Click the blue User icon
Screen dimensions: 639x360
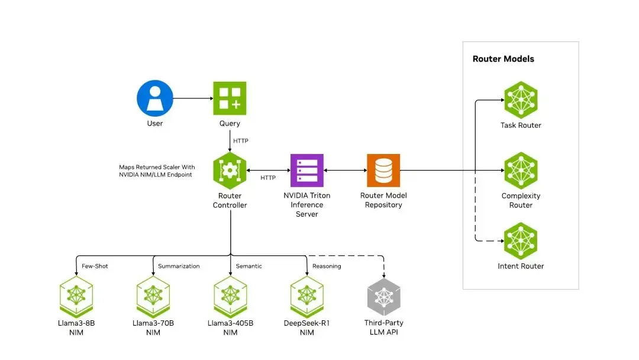(155, 98)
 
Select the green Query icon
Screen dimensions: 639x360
(230, 98)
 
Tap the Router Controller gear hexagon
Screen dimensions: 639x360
(230, 171)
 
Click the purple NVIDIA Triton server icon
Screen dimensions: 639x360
(307, 171)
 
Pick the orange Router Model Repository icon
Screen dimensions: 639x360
(383, 171)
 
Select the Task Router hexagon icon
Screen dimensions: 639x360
(521, 100)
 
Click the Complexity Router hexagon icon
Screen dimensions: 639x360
(521, 171)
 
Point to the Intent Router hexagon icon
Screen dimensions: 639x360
(521, 241)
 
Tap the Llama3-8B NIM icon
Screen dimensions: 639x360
(76, 297)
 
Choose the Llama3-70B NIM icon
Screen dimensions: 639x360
(153, 297)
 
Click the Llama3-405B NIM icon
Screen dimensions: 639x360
(230, 297)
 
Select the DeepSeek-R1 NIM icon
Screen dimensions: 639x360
(307, 297)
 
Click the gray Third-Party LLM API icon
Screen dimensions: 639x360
(384, 297)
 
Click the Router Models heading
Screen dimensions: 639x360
(504, 59)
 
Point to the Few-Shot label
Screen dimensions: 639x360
(95, 266)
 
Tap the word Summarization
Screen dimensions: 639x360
(179, 266)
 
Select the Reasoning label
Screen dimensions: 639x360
(327, 266)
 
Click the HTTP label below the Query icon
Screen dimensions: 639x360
(240, 141)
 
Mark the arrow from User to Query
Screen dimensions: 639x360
(193, 98)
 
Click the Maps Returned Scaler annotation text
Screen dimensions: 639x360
(157, 171)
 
